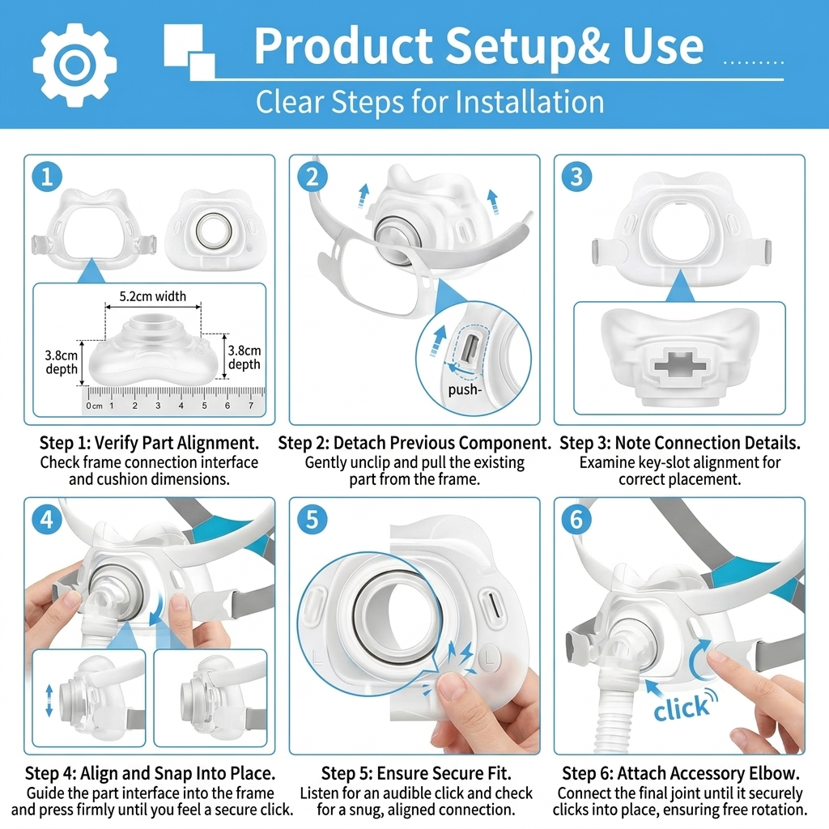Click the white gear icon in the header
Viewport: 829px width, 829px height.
pos(74,65)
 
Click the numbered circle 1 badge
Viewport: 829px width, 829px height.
pos(47,176)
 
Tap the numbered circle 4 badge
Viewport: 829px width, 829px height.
pos(47,519)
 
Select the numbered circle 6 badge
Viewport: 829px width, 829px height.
pos(576,519)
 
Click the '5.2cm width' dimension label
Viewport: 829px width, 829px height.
pos(153,296)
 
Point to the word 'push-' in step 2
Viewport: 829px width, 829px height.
pos(465,390)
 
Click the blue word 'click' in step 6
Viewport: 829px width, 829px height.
pos(681,708)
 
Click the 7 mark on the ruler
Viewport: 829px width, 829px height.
pos(251,406)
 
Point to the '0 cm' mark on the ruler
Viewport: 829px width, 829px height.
pos(94,406)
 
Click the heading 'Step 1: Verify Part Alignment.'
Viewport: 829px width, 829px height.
pos(150,443)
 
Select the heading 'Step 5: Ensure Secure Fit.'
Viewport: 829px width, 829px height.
pos(416,773)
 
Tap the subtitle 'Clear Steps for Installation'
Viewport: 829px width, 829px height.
pos(430,101)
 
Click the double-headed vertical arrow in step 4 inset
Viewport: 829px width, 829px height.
pos(49,700)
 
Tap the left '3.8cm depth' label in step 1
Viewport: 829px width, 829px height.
pos(62,362)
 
